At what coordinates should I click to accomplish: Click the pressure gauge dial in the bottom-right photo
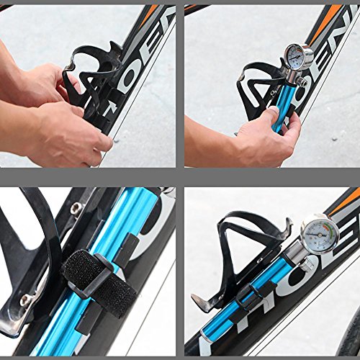316,234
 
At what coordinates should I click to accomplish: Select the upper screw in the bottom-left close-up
76,208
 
